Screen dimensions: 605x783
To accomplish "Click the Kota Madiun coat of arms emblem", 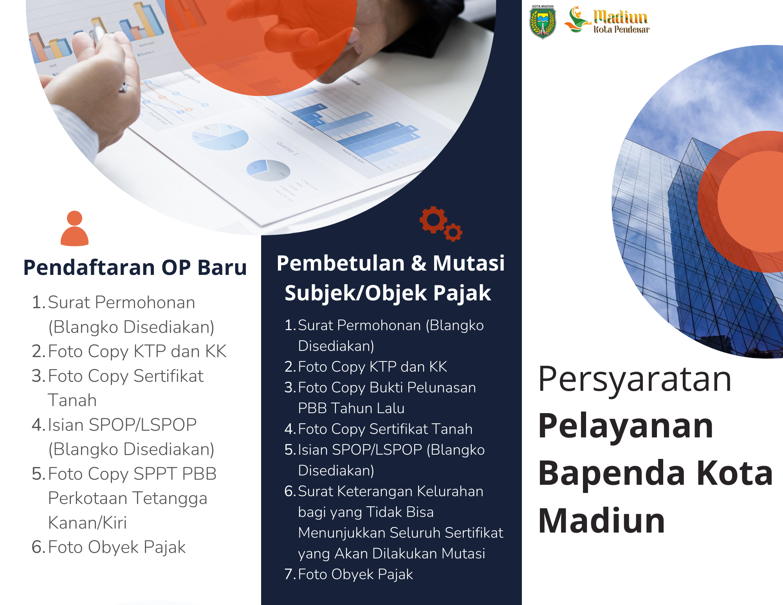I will point(543,22).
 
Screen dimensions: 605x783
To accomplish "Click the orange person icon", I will point(74,229).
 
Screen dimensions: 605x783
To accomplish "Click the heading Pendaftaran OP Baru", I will point(135,268).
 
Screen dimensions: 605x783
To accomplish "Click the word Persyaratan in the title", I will point(635,379).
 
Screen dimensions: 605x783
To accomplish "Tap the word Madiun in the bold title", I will point(602,521).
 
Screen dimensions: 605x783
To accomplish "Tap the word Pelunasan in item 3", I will point(441,388).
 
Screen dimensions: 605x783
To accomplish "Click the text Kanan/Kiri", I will point(87,523).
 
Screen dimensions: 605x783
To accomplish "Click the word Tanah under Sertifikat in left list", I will point(72,401).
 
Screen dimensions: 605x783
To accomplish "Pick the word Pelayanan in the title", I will point(626,426).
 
